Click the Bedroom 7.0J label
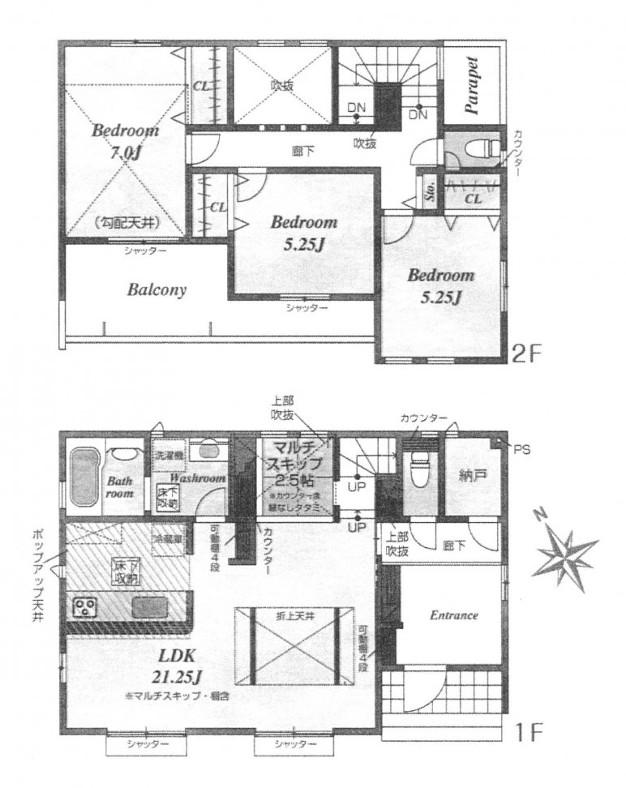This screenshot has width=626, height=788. coord(124,141)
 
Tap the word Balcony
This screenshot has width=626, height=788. coord(156,289)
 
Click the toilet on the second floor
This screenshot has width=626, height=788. coord(485,149)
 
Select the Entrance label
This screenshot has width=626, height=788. coord(453,615)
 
